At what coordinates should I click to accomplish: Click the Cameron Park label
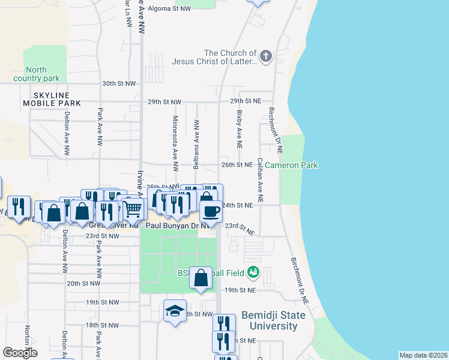pyautogui.click(x=291, y=165)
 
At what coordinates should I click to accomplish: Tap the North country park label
pyautogui.click(x=36, y=74)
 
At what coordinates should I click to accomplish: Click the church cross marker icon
pyautogui.click(x=265, y=57)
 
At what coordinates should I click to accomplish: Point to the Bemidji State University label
pyautogui.click(x=273, y=321)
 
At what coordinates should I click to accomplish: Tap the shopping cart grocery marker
pyautogui.click(x=134, y=209)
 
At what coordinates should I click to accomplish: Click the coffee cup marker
pyautogui.click(x=211, y=211)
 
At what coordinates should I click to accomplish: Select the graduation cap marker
pyautogui.click(x=175, y=311)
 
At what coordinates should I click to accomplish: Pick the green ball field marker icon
pyautogui.click(x=253, y=273)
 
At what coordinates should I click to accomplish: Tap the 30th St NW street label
pyautogui.click(x=118, y=84)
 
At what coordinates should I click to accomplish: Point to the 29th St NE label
pyautogui.click(x=246, y=101)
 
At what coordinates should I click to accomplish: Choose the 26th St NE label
pyautogui.click(x=237, y=164)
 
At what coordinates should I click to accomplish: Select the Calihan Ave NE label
pyautogui.click(x=260, y=179)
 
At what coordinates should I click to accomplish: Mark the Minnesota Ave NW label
pyautogui.click(x=175, y=137)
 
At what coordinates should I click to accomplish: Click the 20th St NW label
pyautogui.click(x=82, y=283)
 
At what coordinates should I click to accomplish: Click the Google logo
pyautogui.click(x=20, y=353)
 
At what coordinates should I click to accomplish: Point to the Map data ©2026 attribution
pyautogui.click(x=423, y=355)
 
